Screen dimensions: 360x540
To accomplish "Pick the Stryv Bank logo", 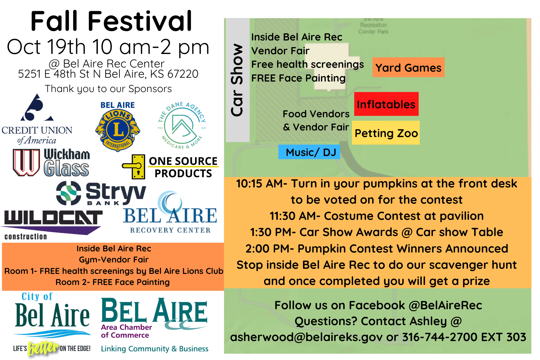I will point(101,193).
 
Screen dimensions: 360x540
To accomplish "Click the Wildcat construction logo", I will point(52,223).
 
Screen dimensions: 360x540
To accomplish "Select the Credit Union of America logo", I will point(37,120).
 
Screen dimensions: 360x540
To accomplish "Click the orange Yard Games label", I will point(408,67).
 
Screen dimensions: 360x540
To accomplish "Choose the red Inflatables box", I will point(386,104).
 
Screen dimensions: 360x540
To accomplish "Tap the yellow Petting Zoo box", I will point(386,133).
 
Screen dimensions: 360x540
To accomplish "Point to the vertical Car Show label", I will point(237,80).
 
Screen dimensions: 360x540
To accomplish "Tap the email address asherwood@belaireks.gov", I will point(306,337).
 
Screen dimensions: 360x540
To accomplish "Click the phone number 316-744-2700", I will point(439,337).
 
